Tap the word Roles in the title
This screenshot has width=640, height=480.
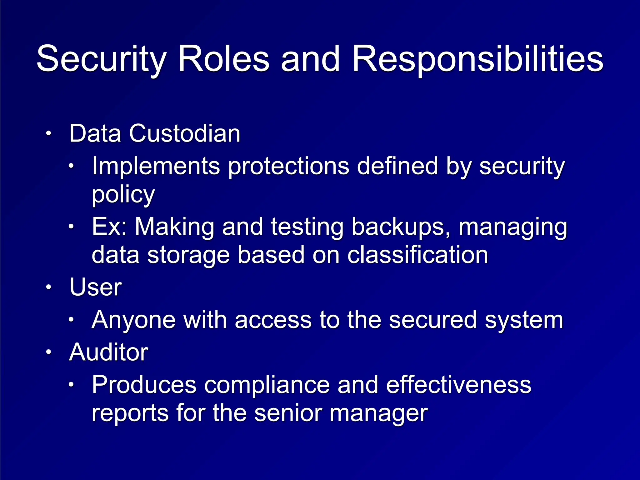223,59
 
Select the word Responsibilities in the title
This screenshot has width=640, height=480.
477,59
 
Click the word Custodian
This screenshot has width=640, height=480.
184,133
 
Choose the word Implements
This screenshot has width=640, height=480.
156,166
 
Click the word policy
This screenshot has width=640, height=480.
123,194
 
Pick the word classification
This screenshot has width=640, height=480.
417,255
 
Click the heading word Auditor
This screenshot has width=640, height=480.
108,352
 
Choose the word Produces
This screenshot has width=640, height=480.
144,385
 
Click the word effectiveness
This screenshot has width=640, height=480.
458,385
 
